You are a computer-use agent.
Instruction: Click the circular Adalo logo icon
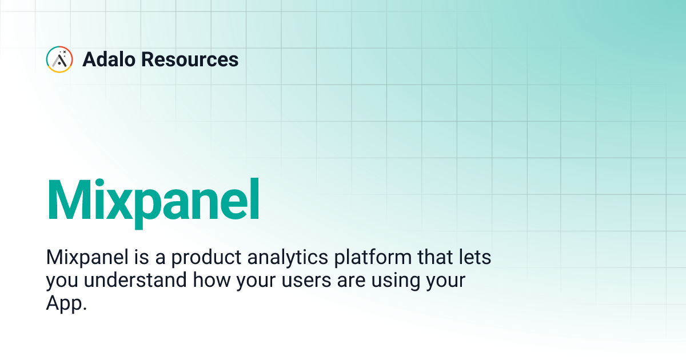click(59, 59)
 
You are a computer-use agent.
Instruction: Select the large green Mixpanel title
click(153, 199)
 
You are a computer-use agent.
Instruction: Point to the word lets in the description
click(475, 258)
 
